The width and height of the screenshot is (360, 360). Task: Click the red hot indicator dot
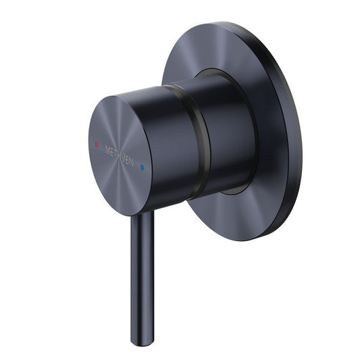pyautogui.click(x=97, y=144)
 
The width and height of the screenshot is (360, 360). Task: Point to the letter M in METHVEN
pyautogui.click(x=107, y=147)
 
